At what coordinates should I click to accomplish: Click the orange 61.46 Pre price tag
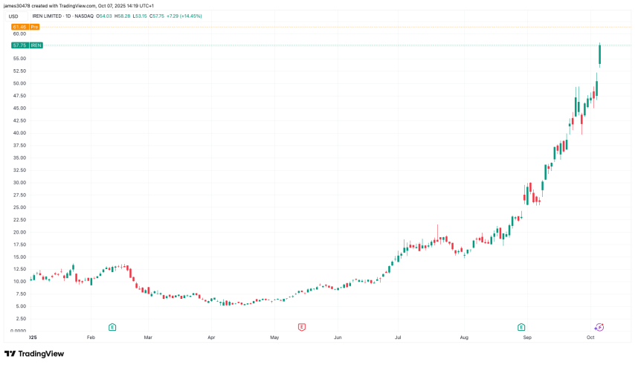[x=25, y=27]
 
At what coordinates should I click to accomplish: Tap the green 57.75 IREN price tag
[x=27, y=45]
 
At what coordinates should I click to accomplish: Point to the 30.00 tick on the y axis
[x=19, y=182]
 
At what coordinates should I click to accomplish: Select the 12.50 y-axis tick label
[x=19, y=269]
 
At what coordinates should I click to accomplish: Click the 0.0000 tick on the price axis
[x=19, y=331]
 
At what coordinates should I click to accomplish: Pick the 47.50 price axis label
[x=19, y=96]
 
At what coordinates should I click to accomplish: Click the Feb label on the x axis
[x=91, y=337]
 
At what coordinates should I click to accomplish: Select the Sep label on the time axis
[x=527, y=337]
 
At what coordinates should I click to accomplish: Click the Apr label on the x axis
[x=212, y=337]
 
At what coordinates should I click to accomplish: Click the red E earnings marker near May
[x=302, y=326]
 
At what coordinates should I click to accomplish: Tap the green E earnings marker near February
[x=112, y=326]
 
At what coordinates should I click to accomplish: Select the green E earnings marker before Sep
[x=521, y=326]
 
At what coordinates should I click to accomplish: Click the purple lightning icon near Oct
[x=599, y=326]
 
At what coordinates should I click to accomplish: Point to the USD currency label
[x=13, y=16]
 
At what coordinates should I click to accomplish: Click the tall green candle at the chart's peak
[x=599, y=54]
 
